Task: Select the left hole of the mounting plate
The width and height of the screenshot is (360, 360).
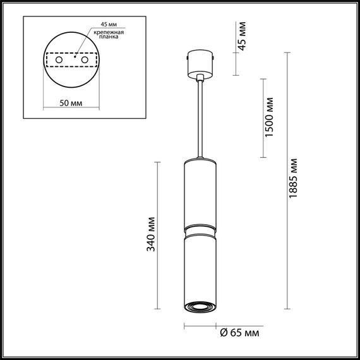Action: [60, 59]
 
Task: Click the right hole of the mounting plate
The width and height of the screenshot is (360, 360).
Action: [82, 59]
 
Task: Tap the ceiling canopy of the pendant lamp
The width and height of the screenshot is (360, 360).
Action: [201, 65]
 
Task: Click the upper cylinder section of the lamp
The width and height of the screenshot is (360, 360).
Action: [201, 193]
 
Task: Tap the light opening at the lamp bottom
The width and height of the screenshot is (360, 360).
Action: [201, 308]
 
